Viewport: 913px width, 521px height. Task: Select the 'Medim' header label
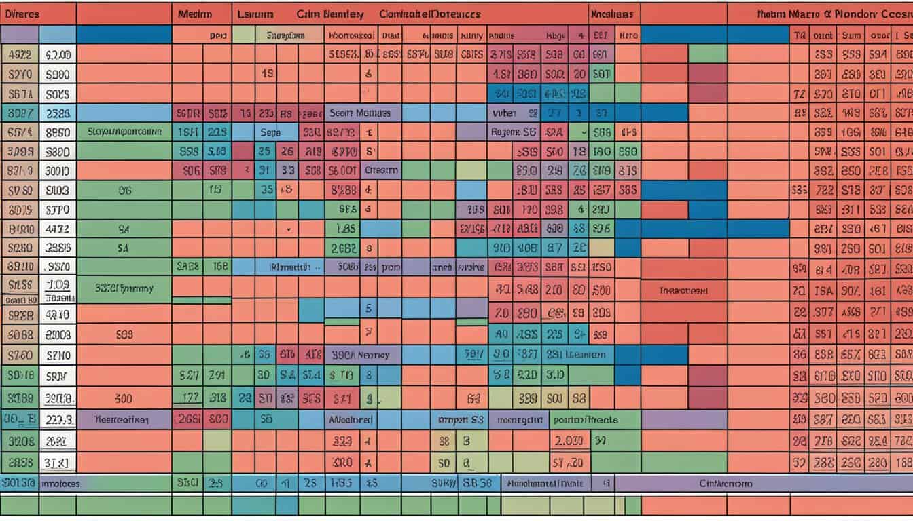point(195,14)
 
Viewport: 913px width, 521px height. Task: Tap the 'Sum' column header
point(851,35)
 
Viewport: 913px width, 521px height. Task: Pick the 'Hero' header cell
point(629,35)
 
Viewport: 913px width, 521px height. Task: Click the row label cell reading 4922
point(20,55)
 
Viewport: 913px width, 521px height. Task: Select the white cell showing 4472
point(58,229)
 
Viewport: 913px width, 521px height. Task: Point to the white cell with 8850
point(58,133)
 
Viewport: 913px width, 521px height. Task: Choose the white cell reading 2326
point(58,113)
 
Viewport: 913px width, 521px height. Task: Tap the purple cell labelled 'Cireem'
point(382,171)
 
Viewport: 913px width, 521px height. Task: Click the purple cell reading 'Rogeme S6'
point(514,133)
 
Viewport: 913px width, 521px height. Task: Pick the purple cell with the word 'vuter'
point(504,113)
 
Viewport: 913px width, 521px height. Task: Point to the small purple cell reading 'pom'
point(391,267)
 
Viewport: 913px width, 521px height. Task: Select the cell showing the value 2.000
point(568,441)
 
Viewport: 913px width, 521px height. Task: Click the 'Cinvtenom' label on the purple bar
point(726,484)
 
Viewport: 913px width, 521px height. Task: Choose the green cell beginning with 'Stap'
point(124,132)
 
